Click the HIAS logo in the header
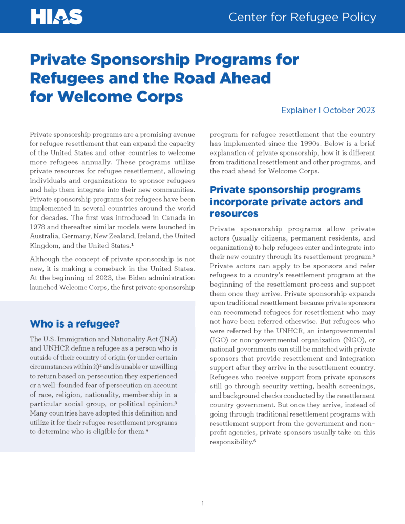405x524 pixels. pos(56,17)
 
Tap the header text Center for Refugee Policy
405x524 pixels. pos(302,17)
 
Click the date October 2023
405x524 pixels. pos(349,110)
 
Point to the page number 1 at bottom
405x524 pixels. pos(203,504)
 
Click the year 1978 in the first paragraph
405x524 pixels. pos(39,227)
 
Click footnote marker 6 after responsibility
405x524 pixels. pos(254,441)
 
